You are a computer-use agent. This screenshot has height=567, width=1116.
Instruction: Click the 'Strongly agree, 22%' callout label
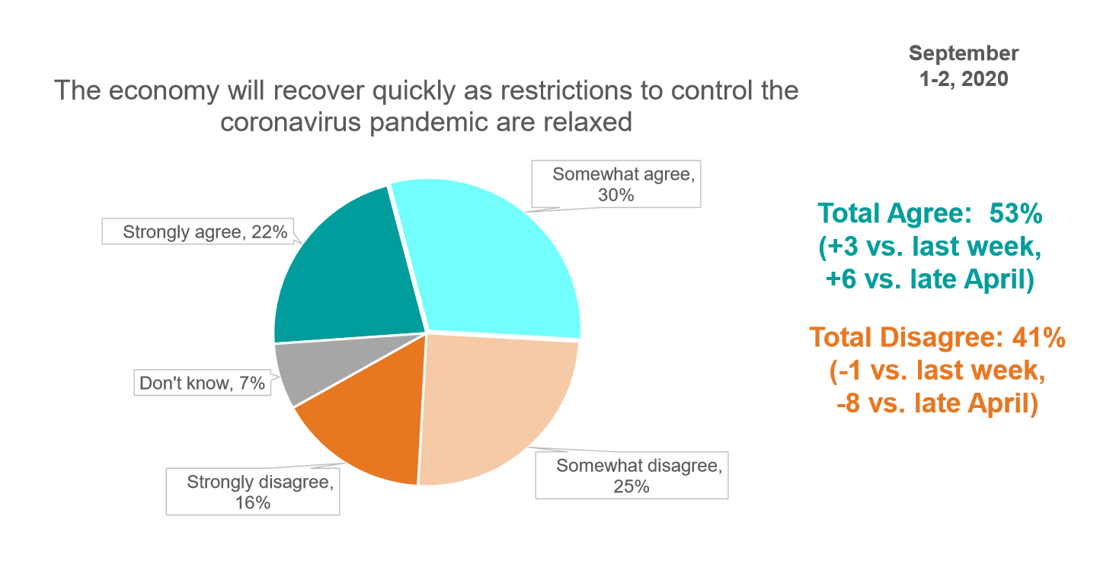(x=198, y=231)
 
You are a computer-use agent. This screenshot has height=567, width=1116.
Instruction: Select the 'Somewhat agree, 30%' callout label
(x=616, y=184)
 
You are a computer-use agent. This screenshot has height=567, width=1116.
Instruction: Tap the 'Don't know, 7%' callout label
(x=203, y=383)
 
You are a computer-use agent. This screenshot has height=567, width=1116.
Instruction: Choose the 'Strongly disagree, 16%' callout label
(x=253, y=492)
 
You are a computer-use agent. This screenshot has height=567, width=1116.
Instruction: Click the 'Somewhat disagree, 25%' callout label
(x=632, y=476)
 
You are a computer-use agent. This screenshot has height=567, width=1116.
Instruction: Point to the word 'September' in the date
(x=964, y=53)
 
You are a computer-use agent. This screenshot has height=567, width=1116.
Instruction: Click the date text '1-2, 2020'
(x=964, y=79)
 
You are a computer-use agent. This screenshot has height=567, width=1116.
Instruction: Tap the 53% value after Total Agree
(x=1015, y=214)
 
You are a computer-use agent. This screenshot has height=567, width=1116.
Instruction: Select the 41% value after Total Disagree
(x=1038, y=337)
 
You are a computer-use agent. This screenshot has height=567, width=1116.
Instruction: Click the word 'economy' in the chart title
(x=164, y=91)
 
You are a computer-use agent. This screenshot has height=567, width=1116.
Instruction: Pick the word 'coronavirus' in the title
(x=290, y=122)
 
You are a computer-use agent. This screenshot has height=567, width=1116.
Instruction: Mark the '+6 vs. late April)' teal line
(x=929, y=279)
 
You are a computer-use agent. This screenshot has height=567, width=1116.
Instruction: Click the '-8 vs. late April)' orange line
(x=937, y=403)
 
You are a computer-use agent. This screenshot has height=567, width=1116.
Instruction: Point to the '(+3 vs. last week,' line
(x=929, y=247)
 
